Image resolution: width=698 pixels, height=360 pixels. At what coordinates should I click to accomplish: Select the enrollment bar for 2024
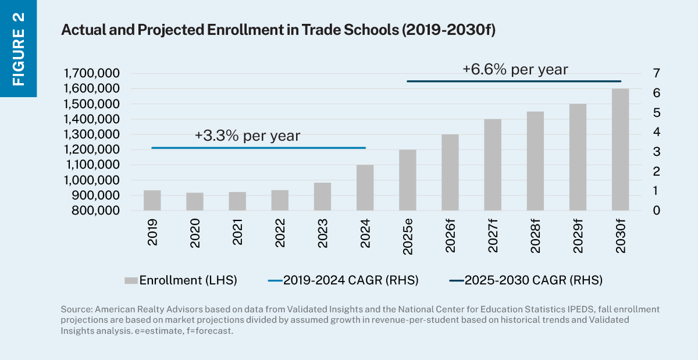pyautogui.click(x=365, y=187)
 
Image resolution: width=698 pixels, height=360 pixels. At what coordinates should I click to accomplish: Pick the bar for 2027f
pyautogui.click(x=493, y=165)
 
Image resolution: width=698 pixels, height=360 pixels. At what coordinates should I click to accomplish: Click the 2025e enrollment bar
pyautogui.click(x=407, y=180)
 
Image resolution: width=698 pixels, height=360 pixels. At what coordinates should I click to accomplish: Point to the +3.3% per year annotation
pyautogui.click(x=247, y=136)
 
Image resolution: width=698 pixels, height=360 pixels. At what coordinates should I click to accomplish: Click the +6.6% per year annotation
pyautogui.click(x=515, y=69)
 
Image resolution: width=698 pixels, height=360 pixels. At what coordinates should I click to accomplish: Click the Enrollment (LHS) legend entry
pyautogui.click(x=180, y=280)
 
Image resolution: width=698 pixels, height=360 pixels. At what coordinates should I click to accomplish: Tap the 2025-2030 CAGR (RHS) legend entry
pyautogui.click(x=526, y=280)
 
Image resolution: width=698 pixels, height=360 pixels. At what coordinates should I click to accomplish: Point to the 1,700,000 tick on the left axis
pyautogui.click(x=92, y=73)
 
